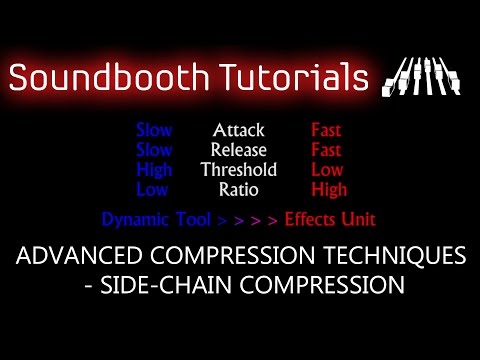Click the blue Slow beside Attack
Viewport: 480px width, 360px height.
153,130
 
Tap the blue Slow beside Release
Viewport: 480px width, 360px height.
153,149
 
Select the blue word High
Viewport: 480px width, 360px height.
153,168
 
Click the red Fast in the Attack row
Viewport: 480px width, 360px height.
326,130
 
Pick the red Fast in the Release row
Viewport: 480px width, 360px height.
326,149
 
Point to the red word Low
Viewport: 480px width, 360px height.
326,168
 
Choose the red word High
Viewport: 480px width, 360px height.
328,187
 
